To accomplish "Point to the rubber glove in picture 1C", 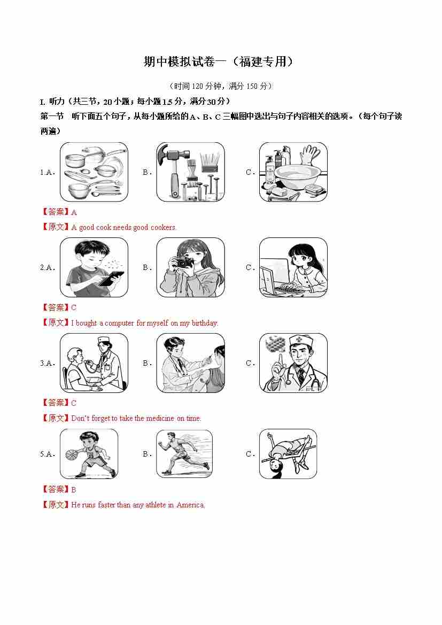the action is click(310, 155).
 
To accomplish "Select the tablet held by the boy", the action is click(111, 278).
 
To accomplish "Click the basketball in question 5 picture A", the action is click(71, 455).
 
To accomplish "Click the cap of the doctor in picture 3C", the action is click(301, 341).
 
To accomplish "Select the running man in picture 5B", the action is click(183, 453).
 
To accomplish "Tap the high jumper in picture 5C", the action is click(288, 453).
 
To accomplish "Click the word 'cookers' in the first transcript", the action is click(162, 228).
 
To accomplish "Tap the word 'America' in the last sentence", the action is click(190, 505).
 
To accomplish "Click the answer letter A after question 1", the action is click(74, 212).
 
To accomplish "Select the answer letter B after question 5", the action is click(74, 490).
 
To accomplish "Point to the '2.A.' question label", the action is click(48, 267).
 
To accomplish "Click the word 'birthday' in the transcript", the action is click(205, 323).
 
